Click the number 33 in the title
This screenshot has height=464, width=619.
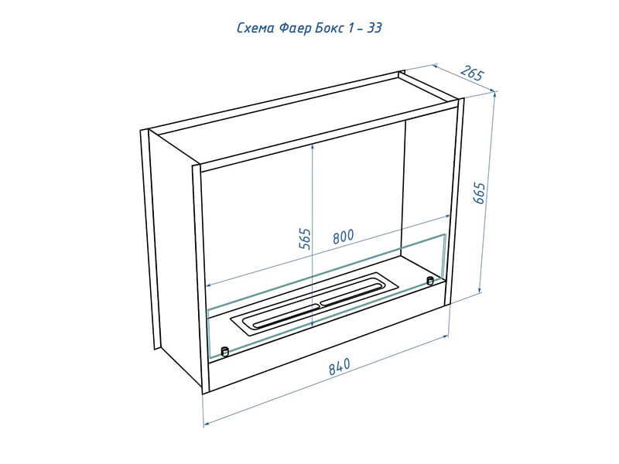pyautogui.click(x=374, y=28)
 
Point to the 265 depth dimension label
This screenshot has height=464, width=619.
pyautogui.click(x=472, y=73)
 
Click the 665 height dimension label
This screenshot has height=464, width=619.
pyautogui.click(x=478, y=193)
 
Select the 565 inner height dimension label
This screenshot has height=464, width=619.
pyautogui.click(x=305, y=239)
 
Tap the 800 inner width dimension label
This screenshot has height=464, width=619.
pyautogui.click(x=343, y=237)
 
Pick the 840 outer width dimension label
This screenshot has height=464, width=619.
pyautogui.click(x=340, y=366)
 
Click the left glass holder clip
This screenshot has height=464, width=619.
pyautogui.click(x=224, y=351)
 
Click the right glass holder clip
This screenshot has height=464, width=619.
pyautogui.click(x=430, y=281)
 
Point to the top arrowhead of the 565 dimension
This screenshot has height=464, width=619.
pyautogui.click(x=313, y=145)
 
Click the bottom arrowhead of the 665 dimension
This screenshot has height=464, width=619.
pyautogui.click(x=480, y=291)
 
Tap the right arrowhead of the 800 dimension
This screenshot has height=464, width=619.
pyautogui.click(x=447, y=217)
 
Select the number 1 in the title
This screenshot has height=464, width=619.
pyautogui.click(x=351, y=28)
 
